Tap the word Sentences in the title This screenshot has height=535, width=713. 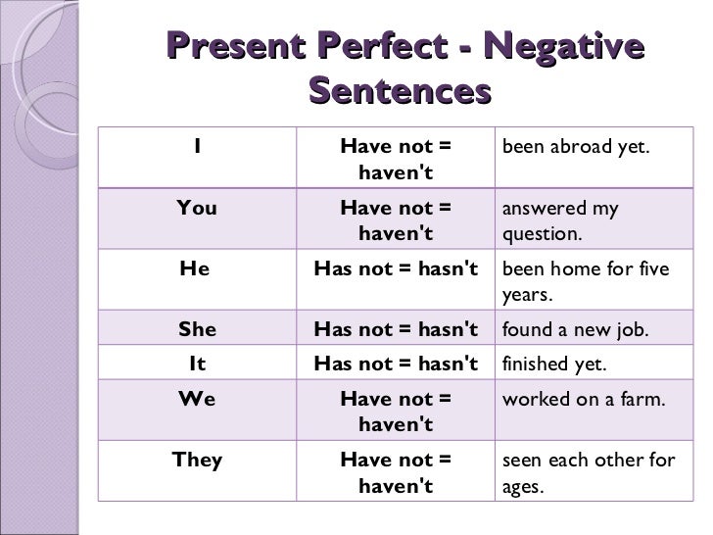pyautogui.click(x=399, y=93)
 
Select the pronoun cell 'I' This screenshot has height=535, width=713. pyautogui.click(x=198, y=147)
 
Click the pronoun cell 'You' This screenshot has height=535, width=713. pyautogui.click(x=197, y=208)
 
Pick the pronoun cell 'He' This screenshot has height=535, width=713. pyautogui.click(x=196, y=268)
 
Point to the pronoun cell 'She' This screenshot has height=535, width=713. pyautogui.click(x=197, y=329)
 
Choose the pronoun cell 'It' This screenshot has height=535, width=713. pyautogui.click(x=197, y=365)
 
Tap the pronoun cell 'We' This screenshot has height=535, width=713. pyautogui.click(x=197, y=400)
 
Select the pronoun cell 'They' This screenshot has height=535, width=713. pyautogui.click(x=197, y=460)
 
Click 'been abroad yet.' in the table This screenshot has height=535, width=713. pyautogui.click(x=576, y=147)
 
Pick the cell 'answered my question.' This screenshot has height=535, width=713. pyautogui.click(x=559, y=221)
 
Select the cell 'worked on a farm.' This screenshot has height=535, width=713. pyautogui.click(x=585, y=400)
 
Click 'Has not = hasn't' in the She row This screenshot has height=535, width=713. pyautogui.click(x=396, y=329)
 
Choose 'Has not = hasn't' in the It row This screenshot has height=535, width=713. pyautogui.click(x=396, y=365)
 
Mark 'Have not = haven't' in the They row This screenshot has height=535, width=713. pyautogui.click(x=396, y=471)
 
